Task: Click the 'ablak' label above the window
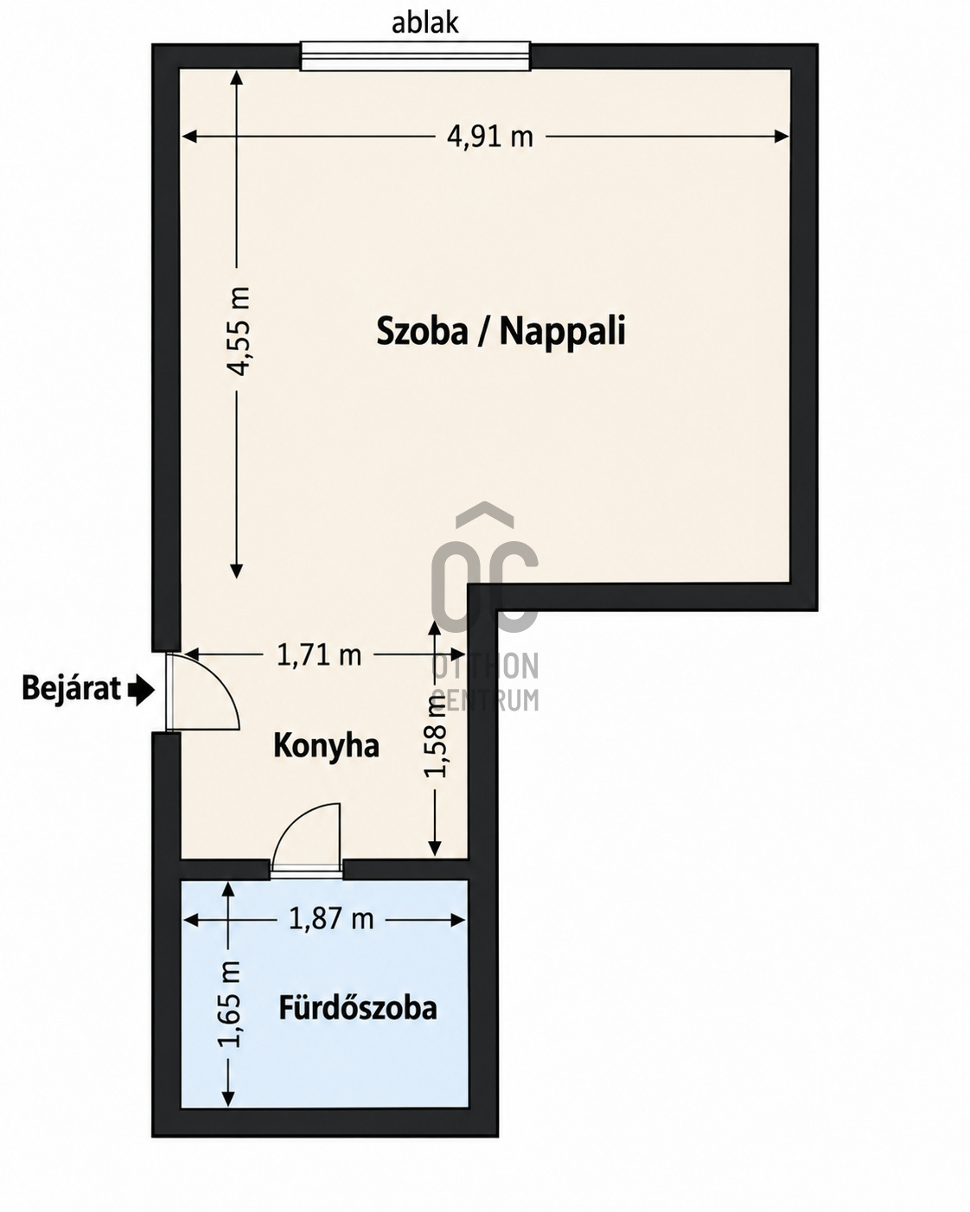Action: coord(424,24)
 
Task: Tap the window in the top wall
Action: coord(415,56)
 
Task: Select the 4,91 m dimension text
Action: coord(489,137)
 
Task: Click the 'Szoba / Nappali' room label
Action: coord(501,331)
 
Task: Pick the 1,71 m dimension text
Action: coord(319,655)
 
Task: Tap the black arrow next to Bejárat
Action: coord(141,690)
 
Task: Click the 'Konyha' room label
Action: coord(326,747)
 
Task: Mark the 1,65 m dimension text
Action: coord(228,1005)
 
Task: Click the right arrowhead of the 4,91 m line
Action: coord(782,137)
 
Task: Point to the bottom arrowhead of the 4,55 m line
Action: coord(237,571)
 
